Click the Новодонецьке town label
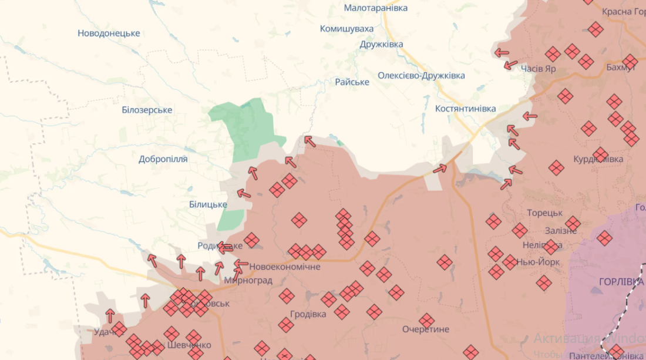109,33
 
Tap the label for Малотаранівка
375,8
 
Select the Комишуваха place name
346,29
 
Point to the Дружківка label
382,45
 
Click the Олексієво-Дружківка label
421,76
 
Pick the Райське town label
352,82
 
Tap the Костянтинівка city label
466,109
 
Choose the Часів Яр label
538,69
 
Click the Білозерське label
147,110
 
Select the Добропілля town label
163,159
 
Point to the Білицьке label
208,204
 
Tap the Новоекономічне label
285,267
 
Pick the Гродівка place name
308,314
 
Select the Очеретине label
426,329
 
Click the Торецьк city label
545,213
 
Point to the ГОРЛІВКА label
621,282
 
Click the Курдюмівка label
598,160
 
